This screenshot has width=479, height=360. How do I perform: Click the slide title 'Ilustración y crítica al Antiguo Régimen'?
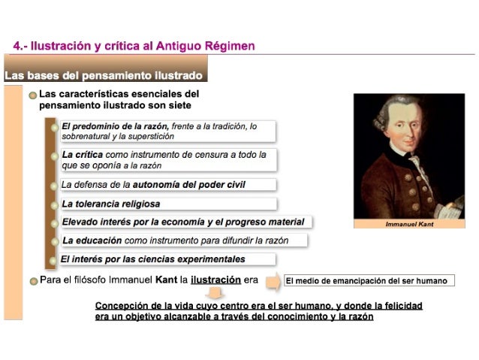(134, 46)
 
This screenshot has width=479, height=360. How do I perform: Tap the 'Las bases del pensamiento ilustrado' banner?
(104, 76)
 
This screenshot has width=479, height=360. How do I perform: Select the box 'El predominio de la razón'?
(168, 132)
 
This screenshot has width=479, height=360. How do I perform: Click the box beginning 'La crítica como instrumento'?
(168, 159)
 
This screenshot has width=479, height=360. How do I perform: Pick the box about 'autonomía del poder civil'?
(168, 184)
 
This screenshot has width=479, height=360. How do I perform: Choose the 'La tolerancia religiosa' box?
(168, 204)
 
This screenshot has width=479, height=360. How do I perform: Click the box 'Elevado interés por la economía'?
(185, 222)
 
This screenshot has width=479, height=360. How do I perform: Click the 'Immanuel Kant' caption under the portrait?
(409, 224)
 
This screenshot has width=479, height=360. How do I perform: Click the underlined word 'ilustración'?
(216, 280)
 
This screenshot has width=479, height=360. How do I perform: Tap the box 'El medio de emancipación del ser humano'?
(368, 281)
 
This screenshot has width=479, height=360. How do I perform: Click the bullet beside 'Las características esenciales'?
(32, 95)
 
